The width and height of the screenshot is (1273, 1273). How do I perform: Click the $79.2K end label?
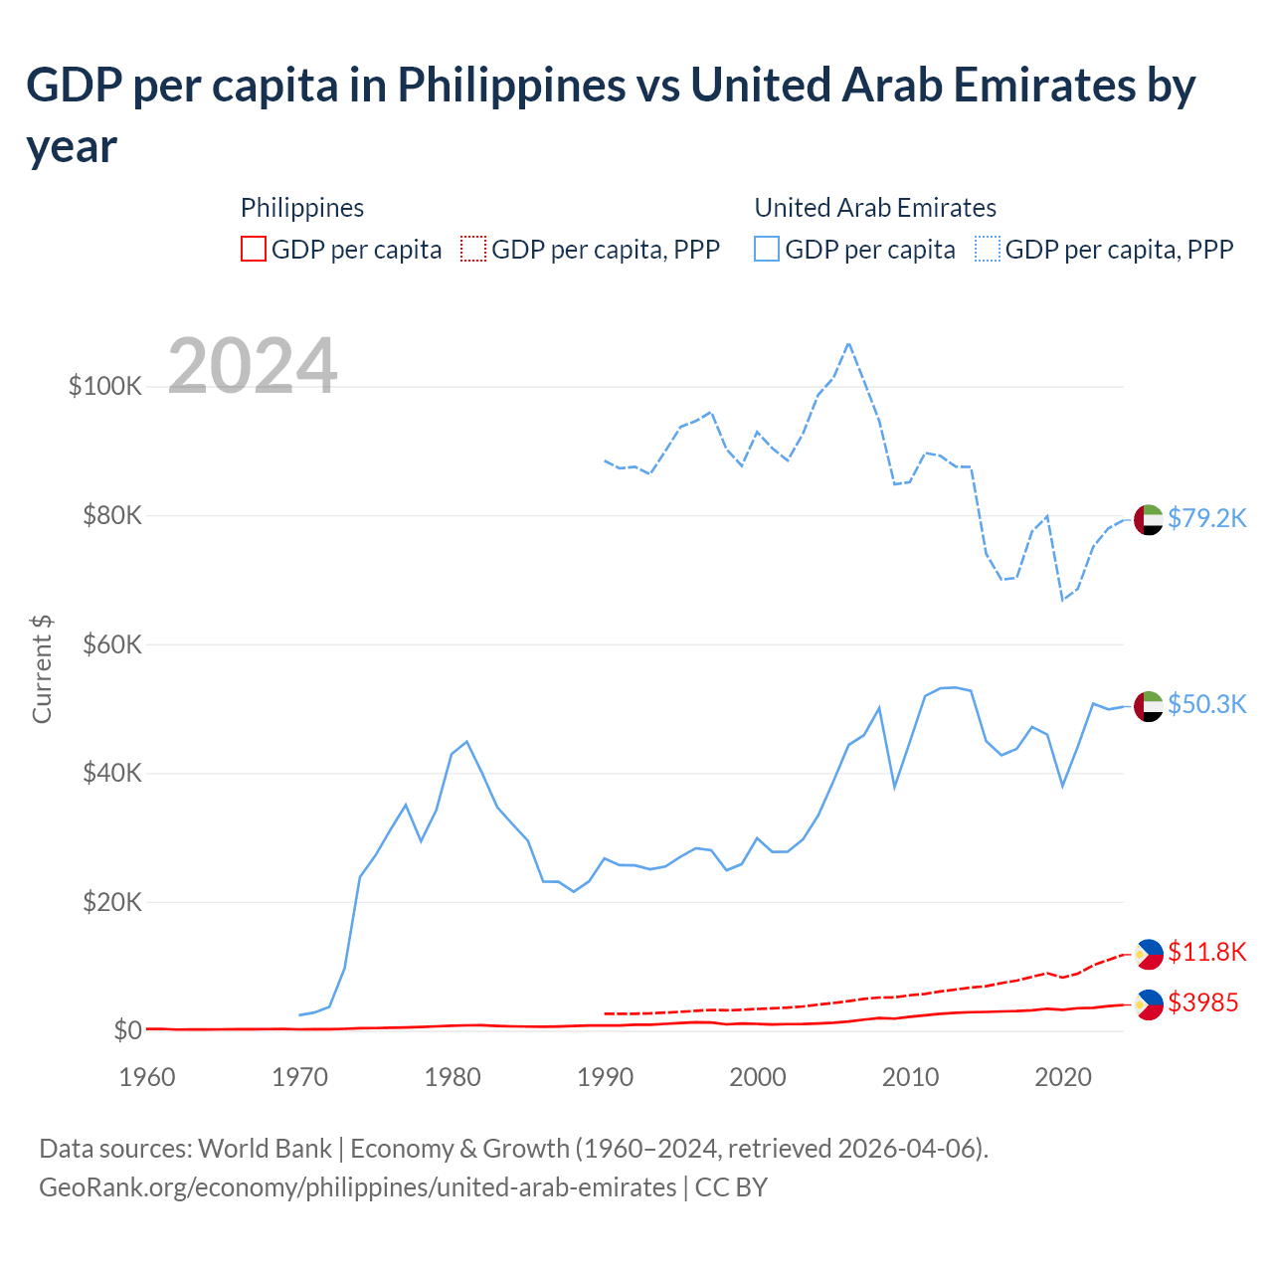(x=1206, y=518)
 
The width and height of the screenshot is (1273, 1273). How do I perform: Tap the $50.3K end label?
(x=1206, y=704)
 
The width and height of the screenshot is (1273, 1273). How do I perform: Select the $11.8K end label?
(x=1206, y=952)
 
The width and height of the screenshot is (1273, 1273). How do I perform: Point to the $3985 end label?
(x=1202, y=1002)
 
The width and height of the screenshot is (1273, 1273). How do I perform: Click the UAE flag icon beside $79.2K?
(x=1149, y=519)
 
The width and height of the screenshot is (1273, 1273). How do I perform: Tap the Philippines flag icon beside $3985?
(x=1149, y=1004)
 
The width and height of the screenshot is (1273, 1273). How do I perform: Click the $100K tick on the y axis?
(x=105, y=386)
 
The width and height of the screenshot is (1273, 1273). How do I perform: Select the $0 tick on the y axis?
(x=126, y=1030)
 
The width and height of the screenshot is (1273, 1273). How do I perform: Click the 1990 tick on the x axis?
(x=605, y=1077)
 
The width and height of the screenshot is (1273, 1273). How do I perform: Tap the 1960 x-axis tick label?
(x=147, y=1077)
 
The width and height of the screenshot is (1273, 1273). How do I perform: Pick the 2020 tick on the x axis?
(x=1063, y=1077)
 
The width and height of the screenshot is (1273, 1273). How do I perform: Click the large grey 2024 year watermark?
(x=253, y=366)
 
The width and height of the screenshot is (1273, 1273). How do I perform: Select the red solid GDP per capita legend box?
(x=254, y=249)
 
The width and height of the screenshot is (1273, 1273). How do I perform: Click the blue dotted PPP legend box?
(x=988, y=249)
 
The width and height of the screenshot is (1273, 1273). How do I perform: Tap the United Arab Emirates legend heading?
(x=875, y=208)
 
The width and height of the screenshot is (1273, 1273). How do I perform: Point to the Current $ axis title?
(x=42, y=668)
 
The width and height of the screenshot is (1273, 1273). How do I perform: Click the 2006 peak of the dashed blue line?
(x=848, y=344)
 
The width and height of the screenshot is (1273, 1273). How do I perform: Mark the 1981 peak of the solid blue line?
(x=466, y=742)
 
